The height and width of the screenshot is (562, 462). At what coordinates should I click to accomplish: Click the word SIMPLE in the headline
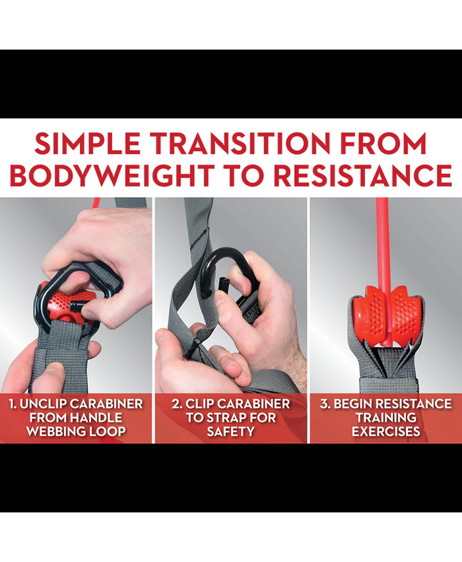pyautogui.click(x=87, y=143)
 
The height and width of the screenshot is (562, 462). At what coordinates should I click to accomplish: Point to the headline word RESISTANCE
pyautogui.click(x=362, y=175)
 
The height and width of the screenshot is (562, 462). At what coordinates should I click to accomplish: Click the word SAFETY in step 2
pyautogui.click(x=231, y=431)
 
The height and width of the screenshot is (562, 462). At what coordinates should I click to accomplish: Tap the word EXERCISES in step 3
pyautogui.click(x=386, y=431)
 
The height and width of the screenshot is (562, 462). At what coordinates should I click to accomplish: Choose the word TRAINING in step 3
pyautogui.click(x=386, y=418)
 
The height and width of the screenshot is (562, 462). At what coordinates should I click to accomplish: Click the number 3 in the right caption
pyautogui.click(x=324, y=404)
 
